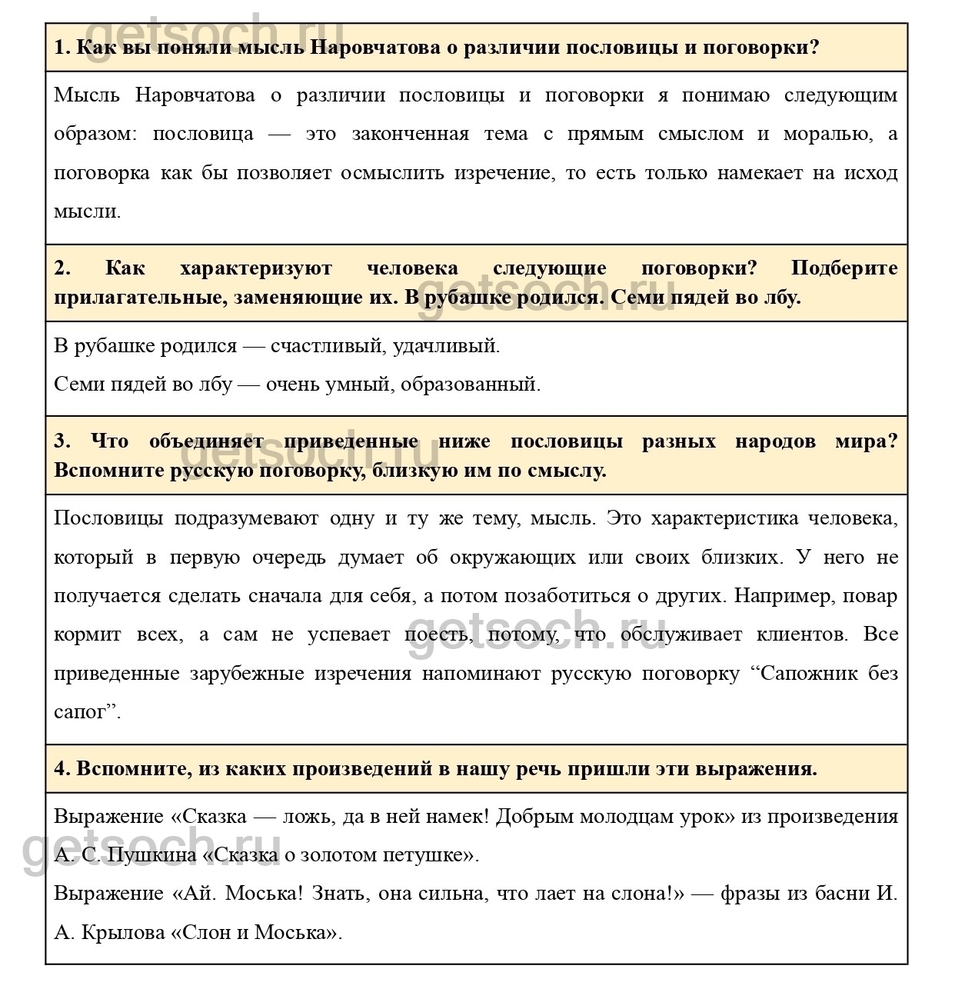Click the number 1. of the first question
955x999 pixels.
point(62,48)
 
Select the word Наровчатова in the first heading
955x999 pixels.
point(376,48)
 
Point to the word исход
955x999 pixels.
point(872,172)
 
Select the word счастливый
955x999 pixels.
point(326,346)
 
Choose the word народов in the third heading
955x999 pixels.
point(776,441)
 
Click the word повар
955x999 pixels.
point(870,596)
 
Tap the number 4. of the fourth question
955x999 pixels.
point(62,768)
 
